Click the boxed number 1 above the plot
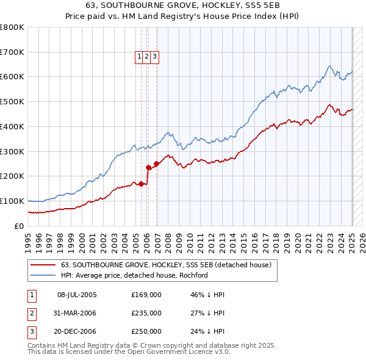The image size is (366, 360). (140, 57)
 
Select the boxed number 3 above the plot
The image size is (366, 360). (155, 57)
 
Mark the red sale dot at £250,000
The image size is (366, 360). (157, 164)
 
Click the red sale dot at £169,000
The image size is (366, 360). (141, 183)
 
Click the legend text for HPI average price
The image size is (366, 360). (134, 275)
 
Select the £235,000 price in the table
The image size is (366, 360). (146, 313)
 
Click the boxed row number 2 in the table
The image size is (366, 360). (31, 313)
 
